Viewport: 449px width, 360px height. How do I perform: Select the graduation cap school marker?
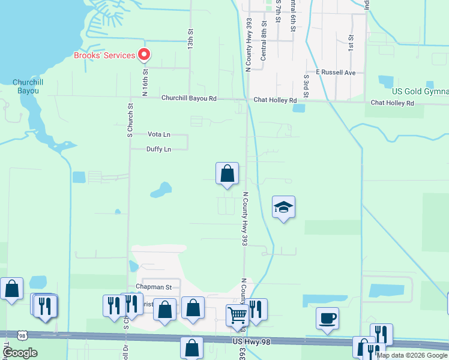click(x=283, y=207)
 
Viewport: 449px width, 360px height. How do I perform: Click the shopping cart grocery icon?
click(x=238, y=314)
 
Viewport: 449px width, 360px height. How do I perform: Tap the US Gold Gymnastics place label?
click(x=420, y=91)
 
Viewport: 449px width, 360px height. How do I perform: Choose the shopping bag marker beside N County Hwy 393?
click(x=227, y=174)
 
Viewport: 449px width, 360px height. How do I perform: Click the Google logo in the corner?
click(x=20, y=353)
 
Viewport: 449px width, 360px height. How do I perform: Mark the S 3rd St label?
click(x=306, y=83)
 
